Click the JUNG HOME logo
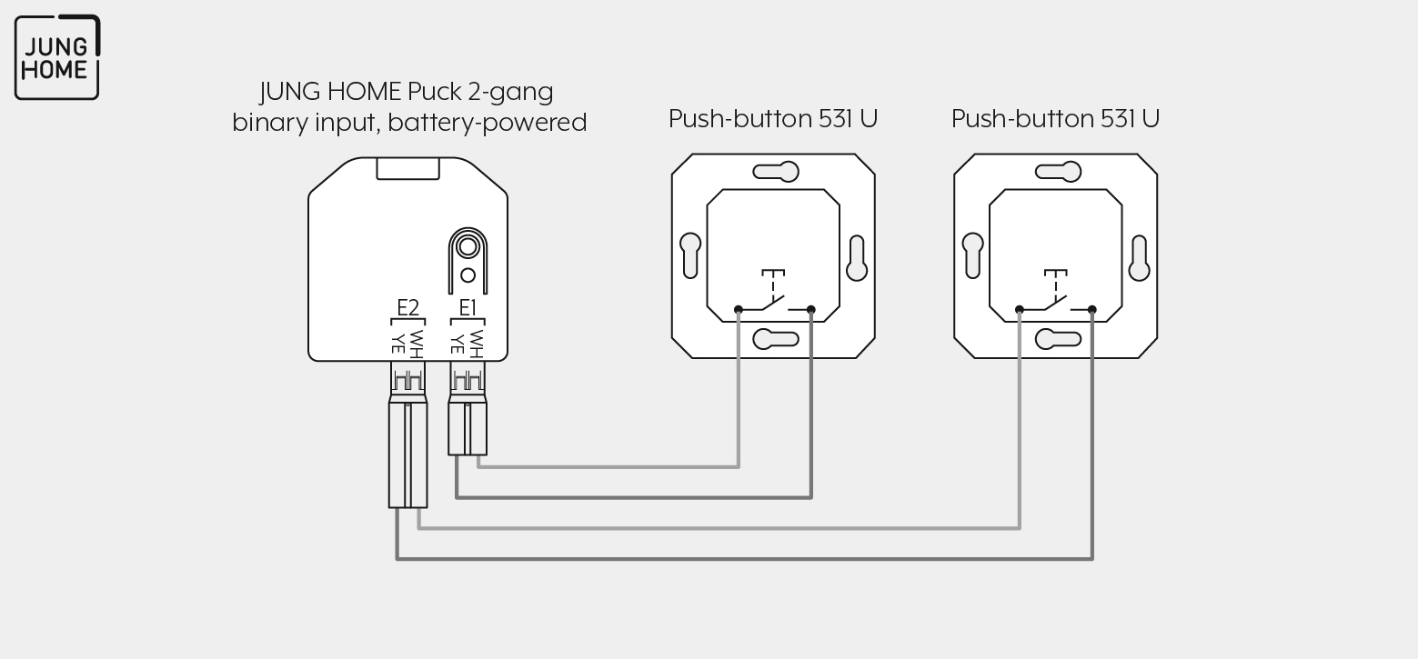point(57,57)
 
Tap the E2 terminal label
point(407,308)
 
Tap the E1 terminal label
point(468,308)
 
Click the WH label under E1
point(477,344)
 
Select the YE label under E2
point(398,342)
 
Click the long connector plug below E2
point(407,434)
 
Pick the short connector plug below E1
point(468,408)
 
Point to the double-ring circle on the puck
point(468,246)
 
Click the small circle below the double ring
point(468,275)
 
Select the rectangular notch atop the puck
point(407,169)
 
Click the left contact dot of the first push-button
point(739,309)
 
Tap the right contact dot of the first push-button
point(811,309)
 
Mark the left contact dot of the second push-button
point(1020,309)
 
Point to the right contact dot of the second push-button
point(1092,309)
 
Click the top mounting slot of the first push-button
point(776,172)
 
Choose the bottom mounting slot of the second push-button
point(1058,339)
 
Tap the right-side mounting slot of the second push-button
point(1139,258)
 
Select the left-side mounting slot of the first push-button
point(690,256)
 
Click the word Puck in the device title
point(434,92)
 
